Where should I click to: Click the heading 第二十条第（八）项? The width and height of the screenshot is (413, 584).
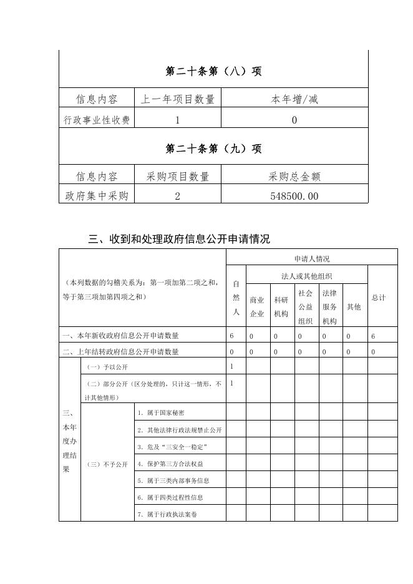pos(213,71)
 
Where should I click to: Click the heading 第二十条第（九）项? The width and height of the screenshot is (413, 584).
pos(213,148)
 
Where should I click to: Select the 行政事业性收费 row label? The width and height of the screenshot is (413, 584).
pos(97,120)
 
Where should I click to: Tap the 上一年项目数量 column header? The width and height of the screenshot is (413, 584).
pos(177,99)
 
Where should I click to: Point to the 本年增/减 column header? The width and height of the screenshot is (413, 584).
pos(294,99)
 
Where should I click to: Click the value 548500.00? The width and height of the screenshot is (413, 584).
pos(294,197)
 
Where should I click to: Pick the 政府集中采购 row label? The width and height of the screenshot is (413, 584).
pos(97,197)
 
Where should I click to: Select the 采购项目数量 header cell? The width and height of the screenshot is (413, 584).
pos(177,177)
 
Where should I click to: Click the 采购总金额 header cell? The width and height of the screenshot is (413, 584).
pos(294,177)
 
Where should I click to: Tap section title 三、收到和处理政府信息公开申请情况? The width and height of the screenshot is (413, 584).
pos(179,238)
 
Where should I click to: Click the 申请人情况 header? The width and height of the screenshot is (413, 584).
pos(312,258)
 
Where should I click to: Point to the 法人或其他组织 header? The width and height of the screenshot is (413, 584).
pos(306,276)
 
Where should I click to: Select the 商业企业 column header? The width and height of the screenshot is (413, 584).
pos(256,307)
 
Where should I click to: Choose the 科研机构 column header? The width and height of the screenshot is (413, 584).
pos(281,307)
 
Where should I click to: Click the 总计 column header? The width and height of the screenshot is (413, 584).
pos(378,298)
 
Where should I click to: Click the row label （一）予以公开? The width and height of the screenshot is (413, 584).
pos(102,367)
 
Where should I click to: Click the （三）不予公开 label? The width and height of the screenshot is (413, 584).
pos(107,464)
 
